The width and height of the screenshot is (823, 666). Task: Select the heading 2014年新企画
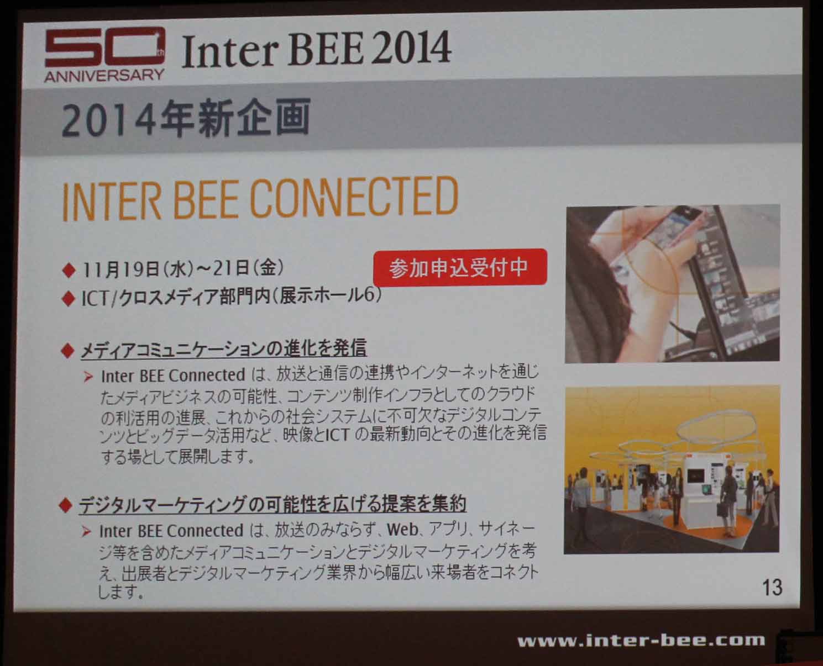(186, 118)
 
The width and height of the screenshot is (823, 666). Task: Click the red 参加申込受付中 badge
(460, 267)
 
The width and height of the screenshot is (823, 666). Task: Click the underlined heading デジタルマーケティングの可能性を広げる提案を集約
(273, 504)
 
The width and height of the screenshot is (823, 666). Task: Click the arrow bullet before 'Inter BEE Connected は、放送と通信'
(88, 377)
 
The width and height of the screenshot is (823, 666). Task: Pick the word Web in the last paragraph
(402, 530)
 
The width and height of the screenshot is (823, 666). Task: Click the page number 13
(772, 587)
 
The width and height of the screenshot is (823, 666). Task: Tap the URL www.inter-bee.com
(641, 641)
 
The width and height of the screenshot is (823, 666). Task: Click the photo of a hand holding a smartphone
(673, 284)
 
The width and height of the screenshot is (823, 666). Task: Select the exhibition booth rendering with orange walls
(672, 469)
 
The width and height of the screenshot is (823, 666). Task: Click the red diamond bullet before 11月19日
(69, 270)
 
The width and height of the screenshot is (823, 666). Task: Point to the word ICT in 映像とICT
(338, 435)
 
